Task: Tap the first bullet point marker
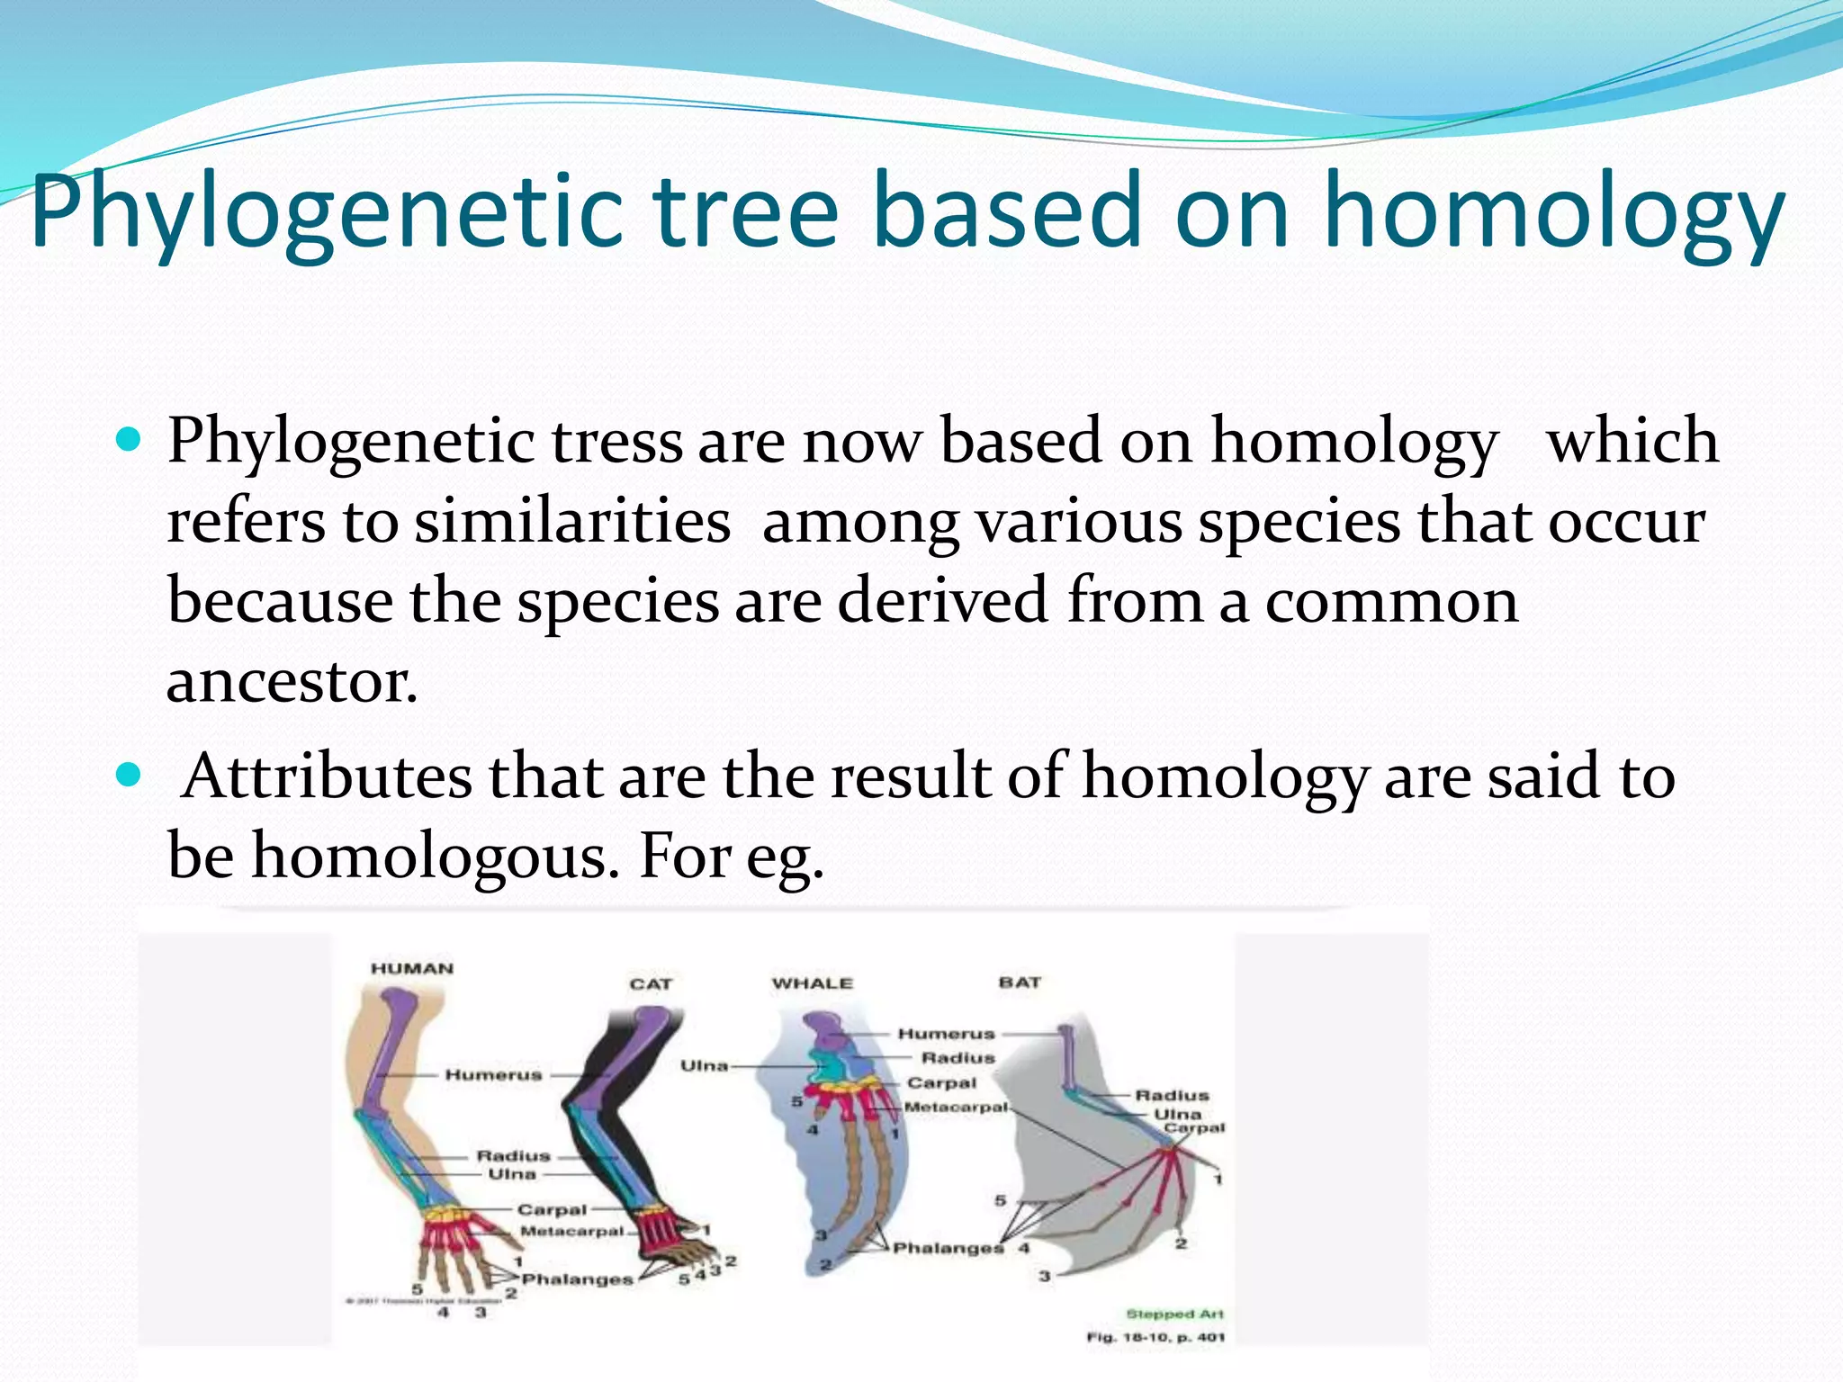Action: point(130,440)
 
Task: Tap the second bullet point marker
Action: point(130,775)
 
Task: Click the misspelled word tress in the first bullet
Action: point(616,442)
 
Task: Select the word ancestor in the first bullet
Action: point(292,682)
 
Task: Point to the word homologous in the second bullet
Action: point(435,856)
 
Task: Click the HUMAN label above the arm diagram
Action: point(412,969)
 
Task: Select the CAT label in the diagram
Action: point(651,984)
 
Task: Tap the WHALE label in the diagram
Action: point(812,983)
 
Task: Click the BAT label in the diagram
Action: point(1020,983)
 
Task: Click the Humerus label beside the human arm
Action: point(493,1075)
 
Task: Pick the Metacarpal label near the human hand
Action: point(571,1231)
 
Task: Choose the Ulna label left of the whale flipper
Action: point(704,1065)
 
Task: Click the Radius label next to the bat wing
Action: point(1172,1095)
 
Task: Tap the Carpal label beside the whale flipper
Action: point(941,1083)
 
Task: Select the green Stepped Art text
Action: point(1174,1315)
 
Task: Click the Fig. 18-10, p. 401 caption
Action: point(1155,1338)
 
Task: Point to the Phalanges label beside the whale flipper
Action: point(948,1248)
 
